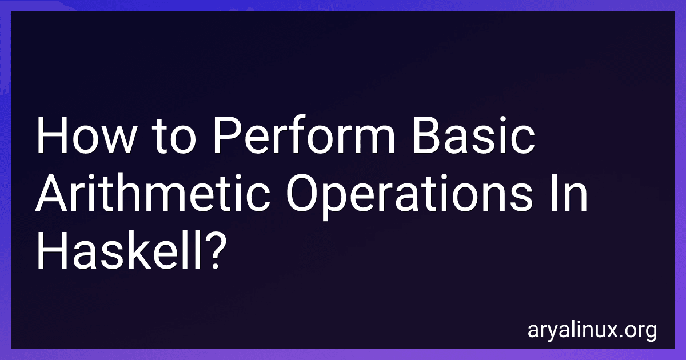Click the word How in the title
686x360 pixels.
(85, 135)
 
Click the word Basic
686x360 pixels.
(473, 134)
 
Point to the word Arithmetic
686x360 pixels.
(153, 192)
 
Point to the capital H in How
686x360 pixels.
(52, 135)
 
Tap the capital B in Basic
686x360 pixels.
(427, 135)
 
